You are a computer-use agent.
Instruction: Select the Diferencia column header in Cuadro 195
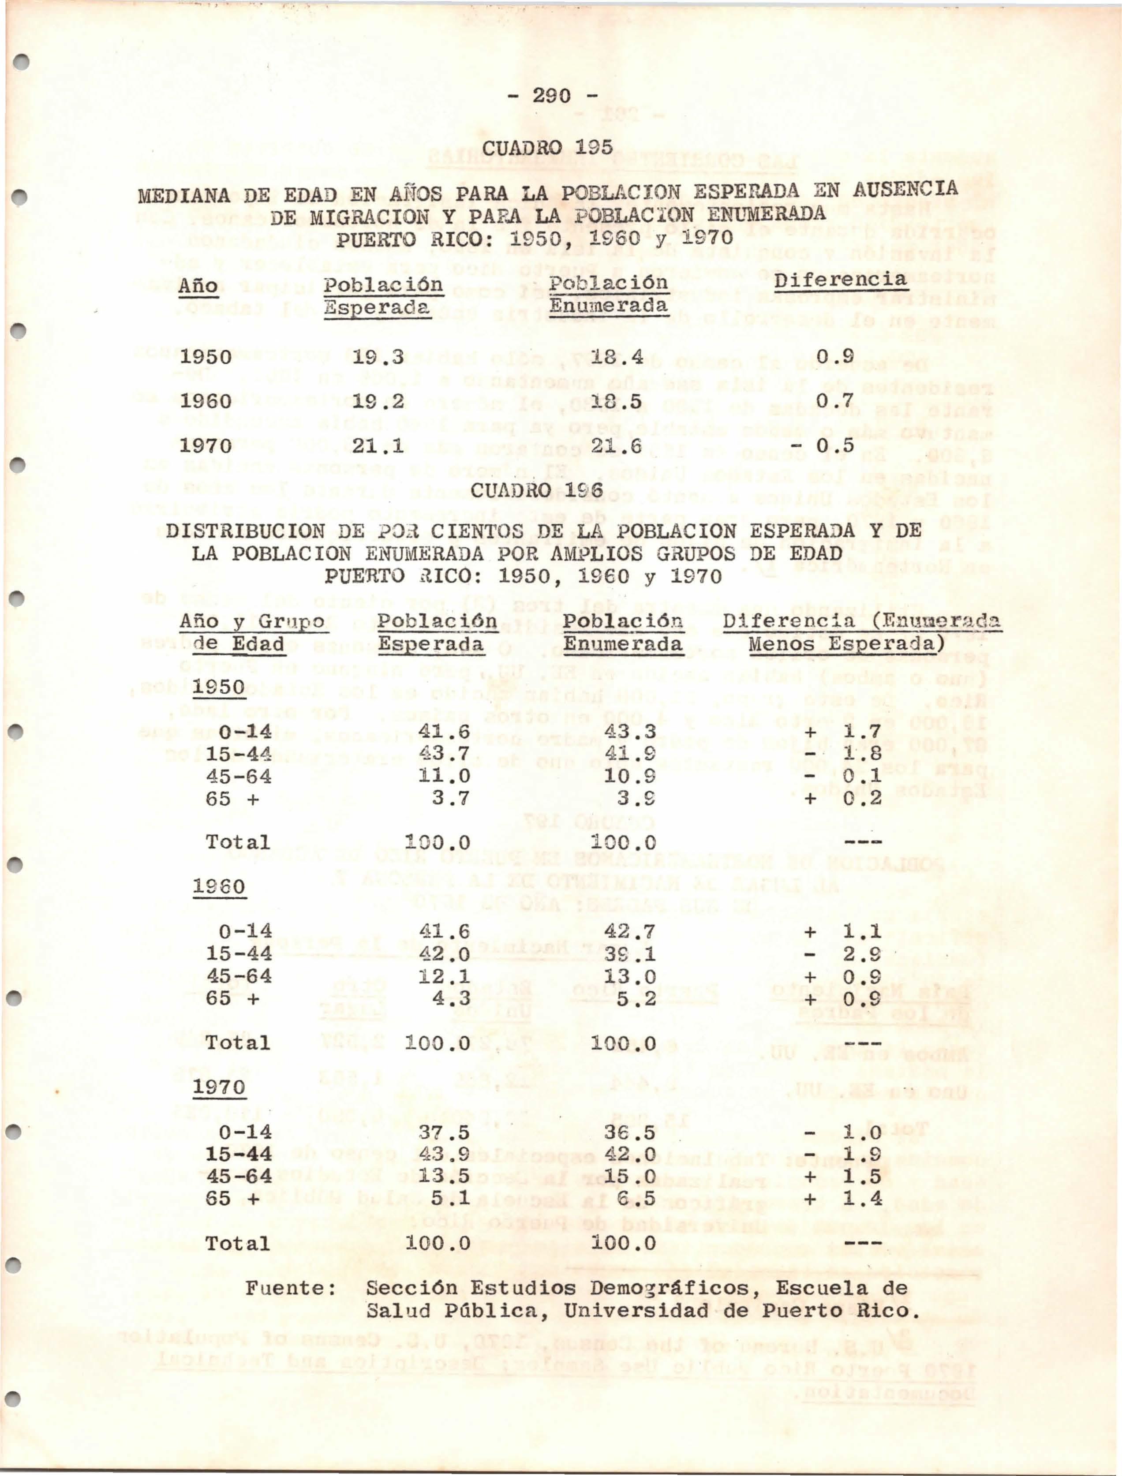[x=841, y=280]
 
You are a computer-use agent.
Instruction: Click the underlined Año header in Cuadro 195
[x=198, y=287]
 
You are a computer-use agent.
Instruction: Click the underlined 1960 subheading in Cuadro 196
[x=219, y=887]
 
